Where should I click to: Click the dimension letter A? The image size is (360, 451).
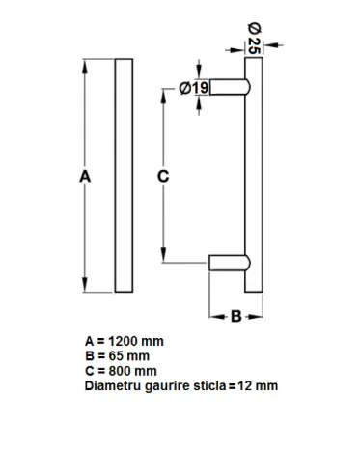click(85, 177)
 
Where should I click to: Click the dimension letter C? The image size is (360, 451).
click(163, 176)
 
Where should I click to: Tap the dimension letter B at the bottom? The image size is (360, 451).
click(236, 316)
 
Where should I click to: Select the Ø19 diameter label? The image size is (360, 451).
click(194, 88)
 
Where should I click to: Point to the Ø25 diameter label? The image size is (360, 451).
click(254, 39)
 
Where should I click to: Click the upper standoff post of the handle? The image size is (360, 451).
click(230, 87)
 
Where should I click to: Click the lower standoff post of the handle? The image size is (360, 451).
click(230, 263)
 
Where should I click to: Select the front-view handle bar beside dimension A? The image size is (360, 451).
click(124, 176)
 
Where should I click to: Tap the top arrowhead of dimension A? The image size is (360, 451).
click(85, 67)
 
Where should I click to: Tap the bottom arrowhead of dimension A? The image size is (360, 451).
click(85, 285)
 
